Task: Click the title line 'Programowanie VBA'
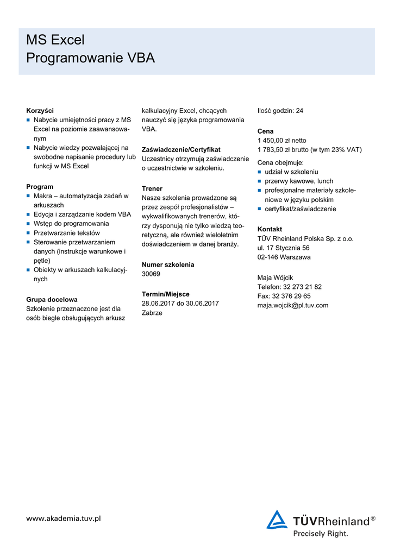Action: tap(90, 58)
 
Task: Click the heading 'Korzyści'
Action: tap(40, 111)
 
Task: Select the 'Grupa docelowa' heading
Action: tap(52, 299)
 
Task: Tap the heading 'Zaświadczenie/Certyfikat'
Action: tap(181, 149)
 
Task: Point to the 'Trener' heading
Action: tap(152, 188)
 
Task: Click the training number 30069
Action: tap(151, 274)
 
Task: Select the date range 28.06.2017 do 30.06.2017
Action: tap(180, 304)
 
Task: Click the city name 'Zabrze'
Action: tap(152, 313)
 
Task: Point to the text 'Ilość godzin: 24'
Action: tap(280, 111)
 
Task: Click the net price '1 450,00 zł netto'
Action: tap(282, 140)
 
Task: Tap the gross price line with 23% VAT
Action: tap(309, 150)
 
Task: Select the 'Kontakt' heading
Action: tap(270, 229)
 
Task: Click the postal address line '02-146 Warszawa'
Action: tap(284, 257)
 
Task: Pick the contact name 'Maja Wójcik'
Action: tap(275, 277)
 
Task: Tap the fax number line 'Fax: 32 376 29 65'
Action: tap(284, 296)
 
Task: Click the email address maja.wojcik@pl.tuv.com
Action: tap(293, 305)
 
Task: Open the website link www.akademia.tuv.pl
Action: tap(64, 519)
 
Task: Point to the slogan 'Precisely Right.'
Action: tap(321, 534)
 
